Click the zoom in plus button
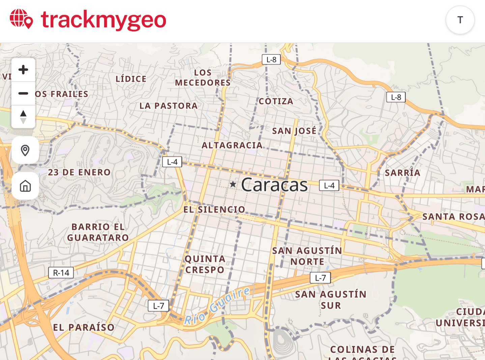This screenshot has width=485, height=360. click(23, 70)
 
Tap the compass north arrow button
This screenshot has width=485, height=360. click(23, 117)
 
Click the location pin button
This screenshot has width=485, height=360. click(25, 150)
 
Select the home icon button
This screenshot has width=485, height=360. click(25, 186)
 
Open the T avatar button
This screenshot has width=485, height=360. click(460, 20)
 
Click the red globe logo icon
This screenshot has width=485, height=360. click(21, 19)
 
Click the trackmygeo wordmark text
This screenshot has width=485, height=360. click(103, 20)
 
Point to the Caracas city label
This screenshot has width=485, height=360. click(274, 185)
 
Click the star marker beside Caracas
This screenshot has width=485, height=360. click(233, 184)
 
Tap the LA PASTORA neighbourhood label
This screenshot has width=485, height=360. click(169, 106)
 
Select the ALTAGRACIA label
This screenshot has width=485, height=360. click(232, 145)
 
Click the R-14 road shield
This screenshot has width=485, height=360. click(61, 273)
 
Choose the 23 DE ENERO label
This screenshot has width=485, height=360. click(79, 172)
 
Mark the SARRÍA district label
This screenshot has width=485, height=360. click(403, 173)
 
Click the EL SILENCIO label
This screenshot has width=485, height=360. click(214, 209)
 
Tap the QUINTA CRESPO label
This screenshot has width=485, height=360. click(205, 264)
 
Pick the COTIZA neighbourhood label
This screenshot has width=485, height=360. click(276, 101)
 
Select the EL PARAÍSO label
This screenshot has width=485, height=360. click(84, 327)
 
